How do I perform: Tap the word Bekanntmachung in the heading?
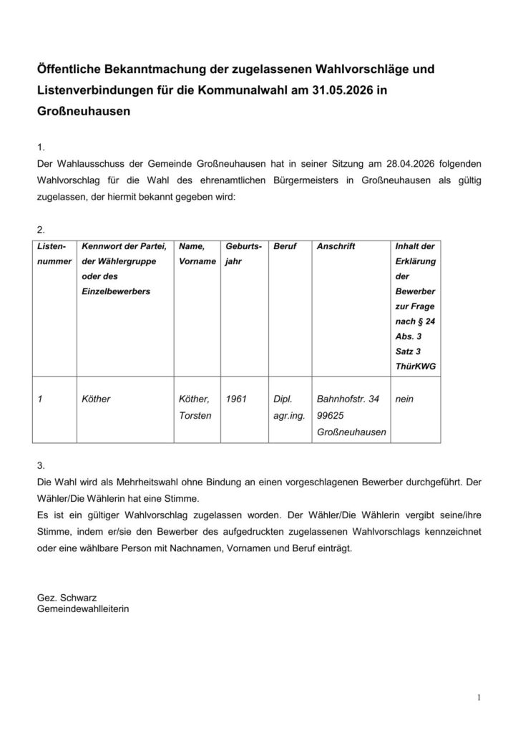tap(145, 69)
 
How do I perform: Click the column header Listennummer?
tap(54, 253)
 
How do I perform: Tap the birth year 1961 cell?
tap(236, 399)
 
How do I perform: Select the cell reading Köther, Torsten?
tap(195, 407)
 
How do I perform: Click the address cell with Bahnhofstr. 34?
tap(349, 415)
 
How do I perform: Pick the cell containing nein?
tap(404, 399)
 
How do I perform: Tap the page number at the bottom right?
tap(477, 696)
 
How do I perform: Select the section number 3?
tap(40, 465)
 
